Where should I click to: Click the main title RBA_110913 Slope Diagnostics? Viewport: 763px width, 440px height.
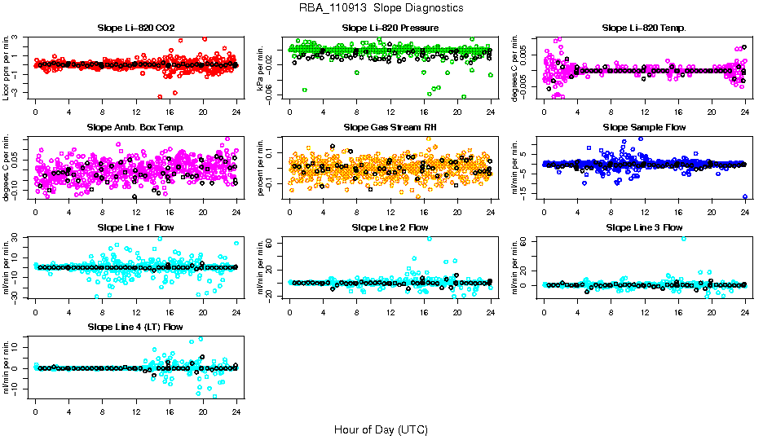[x=381, y=7]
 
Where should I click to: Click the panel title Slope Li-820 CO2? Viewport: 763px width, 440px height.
[x=135, y=29]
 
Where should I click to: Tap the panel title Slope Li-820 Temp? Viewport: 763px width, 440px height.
[x=644, y=29]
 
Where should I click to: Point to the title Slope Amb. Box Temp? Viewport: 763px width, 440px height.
[x=135, y=128]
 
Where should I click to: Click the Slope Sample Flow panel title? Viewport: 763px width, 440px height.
[x=644, y=128]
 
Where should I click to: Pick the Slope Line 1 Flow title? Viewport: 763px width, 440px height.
[x=135, y=227]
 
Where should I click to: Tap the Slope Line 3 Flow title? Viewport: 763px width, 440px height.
[x=644, y=227]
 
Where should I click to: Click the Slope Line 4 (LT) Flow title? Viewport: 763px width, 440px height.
[x=135, y=327]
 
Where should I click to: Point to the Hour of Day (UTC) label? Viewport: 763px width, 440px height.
[x=381, y=429]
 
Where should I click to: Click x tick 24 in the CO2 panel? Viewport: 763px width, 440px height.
[x=236, y=112]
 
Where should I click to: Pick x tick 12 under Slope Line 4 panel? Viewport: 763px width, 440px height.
[x=136, y=410]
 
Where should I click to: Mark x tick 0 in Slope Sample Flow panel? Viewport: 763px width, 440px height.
[x=544, y=211]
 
